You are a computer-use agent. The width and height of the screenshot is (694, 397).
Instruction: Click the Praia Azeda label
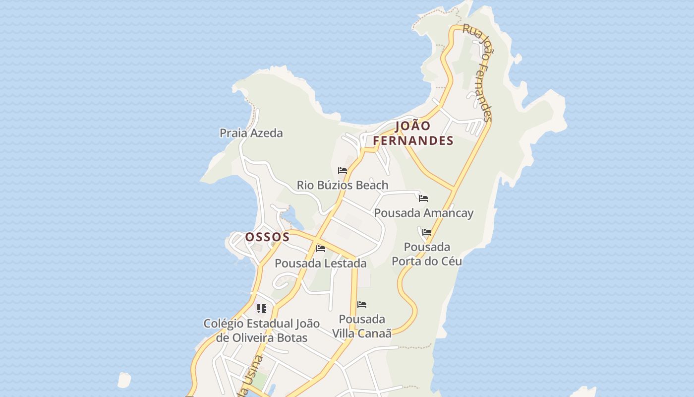(251, 133)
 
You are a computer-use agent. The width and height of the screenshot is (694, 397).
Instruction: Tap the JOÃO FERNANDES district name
(413, 133)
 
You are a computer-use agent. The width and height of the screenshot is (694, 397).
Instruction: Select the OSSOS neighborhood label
(267, 237)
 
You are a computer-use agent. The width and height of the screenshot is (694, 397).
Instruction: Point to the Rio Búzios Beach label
(342, 185)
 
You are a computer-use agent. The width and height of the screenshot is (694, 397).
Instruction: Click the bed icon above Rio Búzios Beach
(342, 171)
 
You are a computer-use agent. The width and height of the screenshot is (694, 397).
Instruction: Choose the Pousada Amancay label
(423, 213)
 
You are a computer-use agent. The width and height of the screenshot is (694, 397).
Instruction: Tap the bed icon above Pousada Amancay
(423, 198)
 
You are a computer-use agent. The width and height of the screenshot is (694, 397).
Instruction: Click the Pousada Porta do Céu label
(427, 254)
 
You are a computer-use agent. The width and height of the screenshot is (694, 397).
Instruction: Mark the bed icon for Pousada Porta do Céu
(427, 232)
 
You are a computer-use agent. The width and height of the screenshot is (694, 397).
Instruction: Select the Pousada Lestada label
(320, 263)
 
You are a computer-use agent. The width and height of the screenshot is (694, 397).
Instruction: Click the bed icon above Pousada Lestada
(321, 249)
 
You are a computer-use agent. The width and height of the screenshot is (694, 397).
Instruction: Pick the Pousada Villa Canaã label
(362, 326)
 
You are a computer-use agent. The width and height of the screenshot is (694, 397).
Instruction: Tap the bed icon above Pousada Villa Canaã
(362, 305)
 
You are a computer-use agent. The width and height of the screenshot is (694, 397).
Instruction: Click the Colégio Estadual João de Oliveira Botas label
(262, 331)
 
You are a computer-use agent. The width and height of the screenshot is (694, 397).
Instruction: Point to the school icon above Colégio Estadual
(262, 309)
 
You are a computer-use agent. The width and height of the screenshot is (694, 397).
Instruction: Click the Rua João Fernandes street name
(478, 72)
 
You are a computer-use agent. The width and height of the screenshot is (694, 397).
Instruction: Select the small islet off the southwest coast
(124, 380)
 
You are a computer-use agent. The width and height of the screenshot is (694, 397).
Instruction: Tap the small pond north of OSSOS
(290, 217)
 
